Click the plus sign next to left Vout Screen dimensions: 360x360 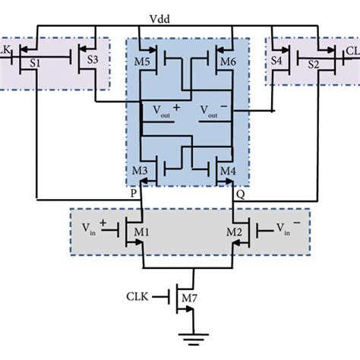pyautogui.click(x=176, y=109)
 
